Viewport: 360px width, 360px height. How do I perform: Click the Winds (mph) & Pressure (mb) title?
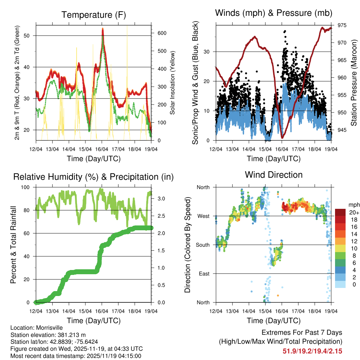274,13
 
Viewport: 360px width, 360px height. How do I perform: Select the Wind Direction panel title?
274,175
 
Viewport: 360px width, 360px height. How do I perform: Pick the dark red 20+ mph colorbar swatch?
340,213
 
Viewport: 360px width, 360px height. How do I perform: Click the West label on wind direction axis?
204,216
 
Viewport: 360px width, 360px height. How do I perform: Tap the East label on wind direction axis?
204,274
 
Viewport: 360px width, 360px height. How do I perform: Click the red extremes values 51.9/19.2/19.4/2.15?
313,351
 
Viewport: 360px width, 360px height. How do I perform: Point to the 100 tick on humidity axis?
29,187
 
